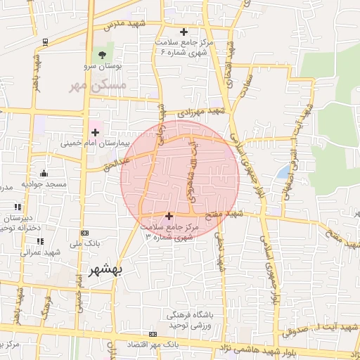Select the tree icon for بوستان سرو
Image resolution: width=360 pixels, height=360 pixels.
click(103, 53)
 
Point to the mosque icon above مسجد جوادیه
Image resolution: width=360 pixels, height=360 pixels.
click(44, 173)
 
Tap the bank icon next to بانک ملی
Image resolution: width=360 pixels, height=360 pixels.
click(85, 233)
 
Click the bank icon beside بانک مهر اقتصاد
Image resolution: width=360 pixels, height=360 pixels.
click(153, 334)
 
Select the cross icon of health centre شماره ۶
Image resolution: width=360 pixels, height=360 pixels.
click(184, 32)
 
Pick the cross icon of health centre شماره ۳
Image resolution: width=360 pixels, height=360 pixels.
click(168, 216)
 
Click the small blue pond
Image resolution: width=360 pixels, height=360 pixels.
click(283, 171)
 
